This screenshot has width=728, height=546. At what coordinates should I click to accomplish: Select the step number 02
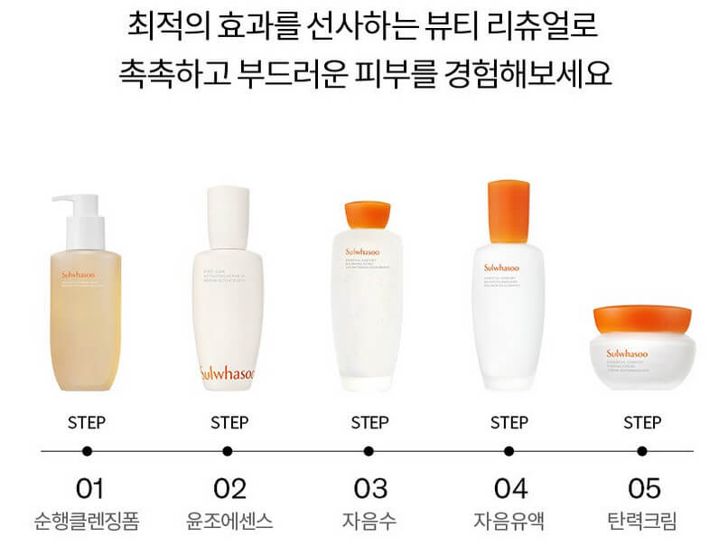tap(229, 489)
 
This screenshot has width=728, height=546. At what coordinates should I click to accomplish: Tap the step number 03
tap(369, 489)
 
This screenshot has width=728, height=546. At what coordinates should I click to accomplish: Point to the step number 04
tap(509, 489)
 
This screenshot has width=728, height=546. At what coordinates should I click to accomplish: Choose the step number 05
tap(643, 489)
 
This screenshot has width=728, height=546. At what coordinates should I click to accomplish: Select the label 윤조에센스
tap(229, 521)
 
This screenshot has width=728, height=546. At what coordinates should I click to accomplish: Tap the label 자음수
tap(369, 521)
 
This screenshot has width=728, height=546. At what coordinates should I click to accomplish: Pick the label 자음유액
tap(509, 521)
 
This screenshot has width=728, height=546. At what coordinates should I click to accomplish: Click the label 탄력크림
tap(643, 521)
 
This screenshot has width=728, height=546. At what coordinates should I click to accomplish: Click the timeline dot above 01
tap(87, 450)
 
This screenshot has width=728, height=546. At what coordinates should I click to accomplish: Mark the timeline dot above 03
tap(369, 450)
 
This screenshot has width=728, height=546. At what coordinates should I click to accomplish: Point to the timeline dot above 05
tap(643, 450)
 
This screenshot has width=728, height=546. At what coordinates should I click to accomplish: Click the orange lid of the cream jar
tap(643, 318)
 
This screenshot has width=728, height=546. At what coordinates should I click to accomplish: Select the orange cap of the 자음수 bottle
tap(369, 213)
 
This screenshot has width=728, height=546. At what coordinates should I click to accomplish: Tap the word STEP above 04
tap(509, 422)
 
